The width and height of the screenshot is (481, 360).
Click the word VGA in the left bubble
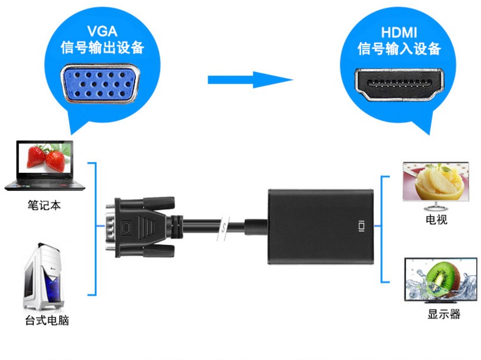pyautogui.click(x=102, y=31)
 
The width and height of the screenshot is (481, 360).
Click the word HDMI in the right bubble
pyautogui.click(x=399, y=33)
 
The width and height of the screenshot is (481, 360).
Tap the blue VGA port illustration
pyautogui.click(x=101, y=83)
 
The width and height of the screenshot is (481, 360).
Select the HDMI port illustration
pyautogui.click(x=399, y=85)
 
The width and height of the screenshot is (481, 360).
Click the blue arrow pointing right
pyautogui.click(x=250, y=80)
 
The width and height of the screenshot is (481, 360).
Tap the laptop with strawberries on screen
pyautogui.click(x=45, y=166)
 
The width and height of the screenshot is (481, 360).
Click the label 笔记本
pyautogui.click(x=44, y=205)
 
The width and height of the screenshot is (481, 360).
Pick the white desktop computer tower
pyautogui.click(x=44, y=277)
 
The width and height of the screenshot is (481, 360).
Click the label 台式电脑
pyautogui.click(x=47, y=320)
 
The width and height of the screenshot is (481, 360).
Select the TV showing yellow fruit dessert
pyautogui.click(x=436, y=186)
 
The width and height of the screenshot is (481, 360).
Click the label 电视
pyautogui.click(x=436, y=219)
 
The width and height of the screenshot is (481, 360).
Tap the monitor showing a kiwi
pyautogui.click(x=441, y=280)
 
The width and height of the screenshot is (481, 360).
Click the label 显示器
pyautogui.click(x=444, y=314)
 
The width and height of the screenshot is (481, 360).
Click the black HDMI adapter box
pyautogui.click(x=321, y=226)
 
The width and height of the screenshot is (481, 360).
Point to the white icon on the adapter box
pyautogui.click(x=362, y=226)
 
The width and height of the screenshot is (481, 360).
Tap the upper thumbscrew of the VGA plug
pyautogui.click(x=159, y=203)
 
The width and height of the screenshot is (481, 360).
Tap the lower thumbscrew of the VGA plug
pyautogui.click(x=159, y=251)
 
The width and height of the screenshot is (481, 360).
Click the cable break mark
pyautogui.click(x=224, y=228)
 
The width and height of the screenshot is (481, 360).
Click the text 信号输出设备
pyautogui.click(x=103, y=48)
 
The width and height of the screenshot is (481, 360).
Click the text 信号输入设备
pyautogui.click(x=399, y=49)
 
